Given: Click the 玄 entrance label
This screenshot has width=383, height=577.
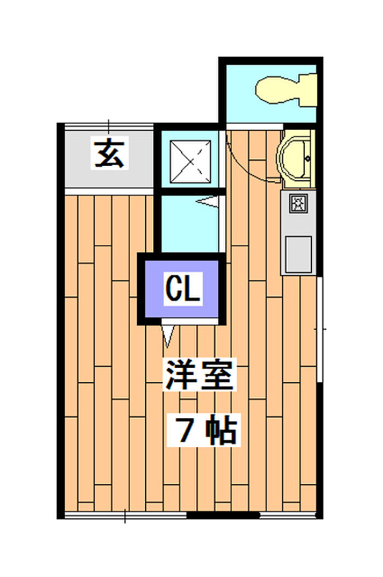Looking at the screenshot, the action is tap(109, 153).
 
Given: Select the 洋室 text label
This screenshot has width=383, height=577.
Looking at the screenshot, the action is tap(199, 374).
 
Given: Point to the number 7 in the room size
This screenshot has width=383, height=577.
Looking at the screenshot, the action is tap(186, 430).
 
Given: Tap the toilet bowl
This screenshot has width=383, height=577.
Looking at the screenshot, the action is tap(278, 89).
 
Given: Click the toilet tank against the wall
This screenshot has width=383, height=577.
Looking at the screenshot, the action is tap(308, 90).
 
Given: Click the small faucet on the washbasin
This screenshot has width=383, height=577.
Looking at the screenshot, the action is tap(307, 159).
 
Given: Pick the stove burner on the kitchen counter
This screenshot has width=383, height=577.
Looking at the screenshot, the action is tap(297, 203).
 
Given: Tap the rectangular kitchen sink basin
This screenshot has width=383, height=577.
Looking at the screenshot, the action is tap(299, 254).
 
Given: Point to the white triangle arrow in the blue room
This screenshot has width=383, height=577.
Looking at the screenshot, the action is tap(207, 201).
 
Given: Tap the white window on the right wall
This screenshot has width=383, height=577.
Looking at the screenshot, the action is tap(320, 330).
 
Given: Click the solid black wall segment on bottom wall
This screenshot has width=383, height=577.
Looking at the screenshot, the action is tap(223, 515).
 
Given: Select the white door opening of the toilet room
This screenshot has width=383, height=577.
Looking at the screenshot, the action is tap(254, 126).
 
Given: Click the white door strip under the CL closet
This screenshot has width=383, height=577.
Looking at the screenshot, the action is tap(189, 321).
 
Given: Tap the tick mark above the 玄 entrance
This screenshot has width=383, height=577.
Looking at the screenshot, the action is tap(108, 126).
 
